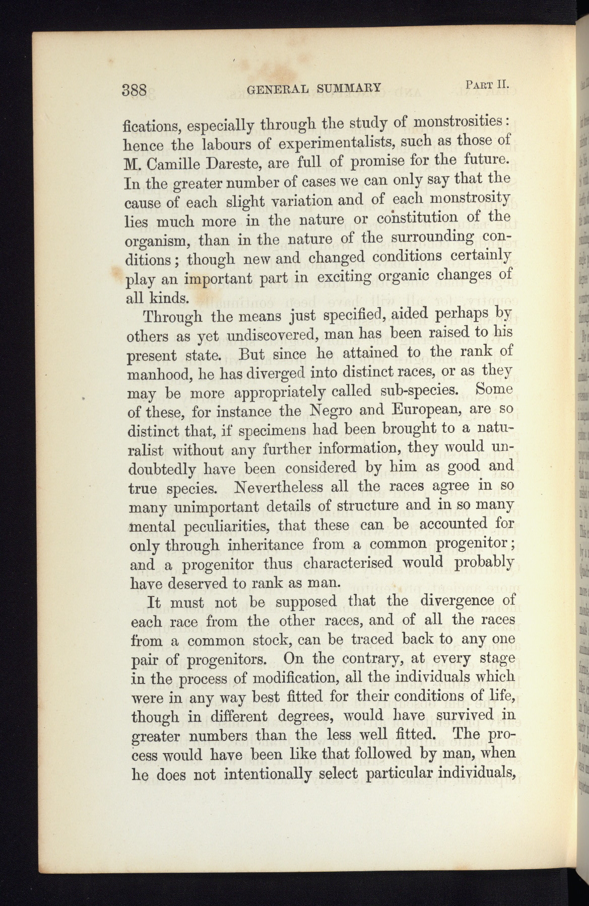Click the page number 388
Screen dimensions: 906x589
tap(134, 91)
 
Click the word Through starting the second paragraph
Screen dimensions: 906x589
tap(173, 318)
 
